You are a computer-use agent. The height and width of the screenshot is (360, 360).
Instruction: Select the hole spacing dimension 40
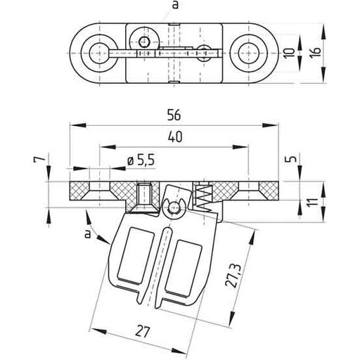174,138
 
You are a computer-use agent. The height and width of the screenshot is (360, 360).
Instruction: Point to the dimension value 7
44,162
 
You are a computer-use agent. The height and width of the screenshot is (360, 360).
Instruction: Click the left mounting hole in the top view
94,51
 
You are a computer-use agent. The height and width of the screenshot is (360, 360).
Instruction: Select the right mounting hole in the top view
251,51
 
